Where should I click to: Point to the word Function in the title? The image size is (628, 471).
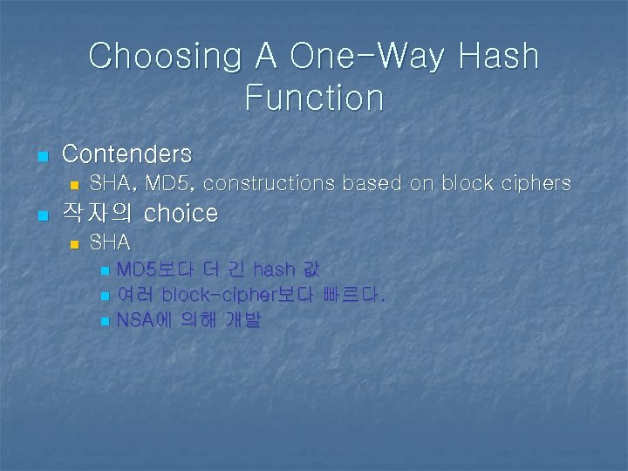pos(314,97)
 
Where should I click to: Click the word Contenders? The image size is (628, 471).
pos(126,154)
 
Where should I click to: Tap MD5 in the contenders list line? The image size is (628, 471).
pos(171,184)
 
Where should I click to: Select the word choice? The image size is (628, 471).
pos(181,213)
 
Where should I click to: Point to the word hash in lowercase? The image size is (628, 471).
pos(273,269)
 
